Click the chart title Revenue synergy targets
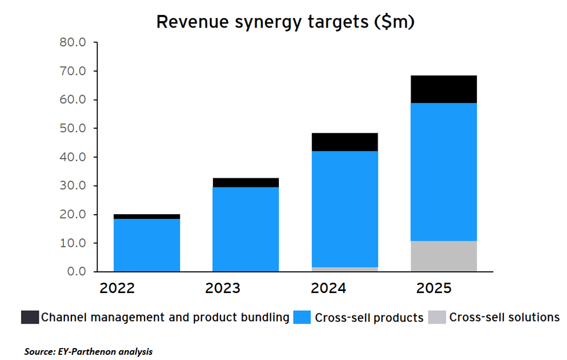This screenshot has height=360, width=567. (x=286, y=22)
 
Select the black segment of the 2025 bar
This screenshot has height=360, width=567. (x=444, y=89)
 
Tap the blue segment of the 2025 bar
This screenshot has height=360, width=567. (x=444, y=172)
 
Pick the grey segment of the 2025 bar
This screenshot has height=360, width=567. (x=444, y=256)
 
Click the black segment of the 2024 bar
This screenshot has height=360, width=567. (x=345, y=142)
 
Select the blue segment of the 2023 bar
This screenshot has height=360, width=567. (x=246, y=229)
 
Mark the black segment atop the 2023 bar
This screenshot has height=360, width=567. (x=246, y=183)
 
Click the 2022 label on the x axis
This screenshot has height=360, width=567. (x=117, y=288)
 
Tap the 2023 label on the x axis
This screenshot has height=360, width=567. (x=223, y=288)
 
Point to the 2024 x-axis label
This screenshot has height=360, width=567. (x=329, y=288)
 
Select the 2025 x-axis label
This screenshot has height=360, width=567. (x=434, y=288)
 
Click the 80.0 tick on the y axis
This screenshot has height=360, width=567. (x=72, y=42)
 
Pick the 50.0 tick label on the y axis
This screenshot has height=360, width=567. (x=72, y=128)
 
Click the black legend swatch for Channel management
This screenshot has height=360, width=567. (x=30, y=317)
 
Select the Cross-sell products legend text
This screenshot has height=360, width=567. (x=369, y=317)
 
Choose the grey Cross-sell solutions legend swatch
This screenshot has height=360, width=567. (x=437, y=317)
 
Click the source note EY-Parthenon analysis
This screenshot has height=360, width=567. (x=89, y=352)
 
